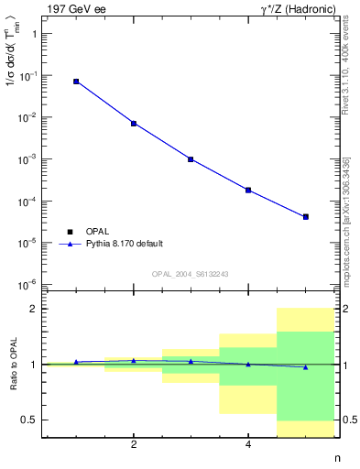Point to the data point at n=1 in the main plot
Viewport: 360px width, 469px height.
76,82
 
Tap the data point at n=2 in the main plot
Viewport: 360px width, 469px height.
134,123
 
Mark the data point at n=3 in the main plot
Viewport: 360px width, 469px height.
191,159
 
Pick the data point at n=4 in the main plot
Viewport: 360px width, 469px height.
248,190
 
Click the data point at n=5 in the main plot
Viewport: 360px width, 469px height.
305,217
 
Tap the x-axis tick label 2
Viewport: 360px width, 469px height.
134,445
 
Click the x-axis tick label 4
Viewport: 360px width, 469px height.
248,445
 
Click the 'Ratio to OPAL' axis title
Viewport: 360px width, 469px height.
11,365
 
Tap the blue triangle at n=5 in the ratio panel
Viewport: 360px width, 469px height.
305,366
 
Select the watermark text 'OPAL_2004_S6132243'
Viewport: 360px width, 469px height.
191,273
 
